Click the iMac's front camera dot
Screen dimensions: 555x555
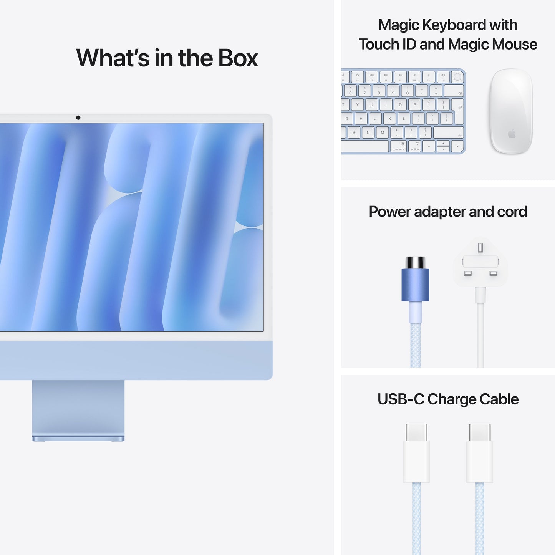78,118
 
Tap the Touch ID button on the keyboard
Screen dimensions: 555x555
457,77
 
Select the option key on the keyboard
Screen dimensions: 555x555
415,146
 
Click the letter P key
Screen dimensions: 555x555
414,104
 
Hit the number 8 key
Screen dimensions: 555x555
379,91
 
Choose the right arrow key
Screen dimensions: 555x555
457,146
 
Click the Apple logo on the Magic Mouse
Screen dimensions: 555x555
511,134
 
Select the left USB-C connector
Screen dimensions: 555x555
416,453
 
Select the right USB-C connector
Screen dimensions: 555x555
480,453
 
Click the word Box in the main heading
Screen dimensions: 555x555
238,58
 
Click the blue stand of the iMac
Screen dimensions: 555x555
78,409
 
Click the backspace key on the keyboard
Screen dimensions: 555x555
454,91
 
